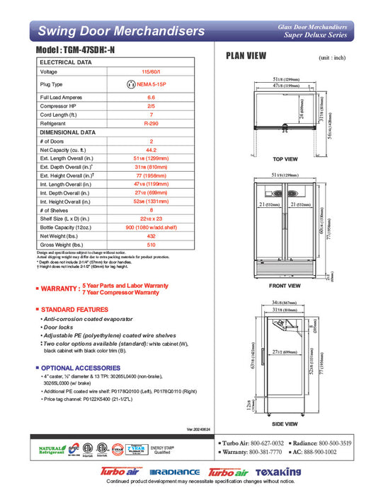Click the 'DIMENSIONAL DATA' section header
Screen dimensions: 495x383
67,132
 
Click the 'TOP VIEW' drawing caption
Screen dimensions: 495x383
285,159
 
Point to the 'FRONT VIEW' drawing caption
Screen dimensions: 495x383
285,286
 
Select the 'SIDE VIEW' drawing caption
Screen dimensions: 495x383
285,424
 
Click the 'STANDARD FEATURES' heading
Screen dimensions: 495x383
74,310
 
